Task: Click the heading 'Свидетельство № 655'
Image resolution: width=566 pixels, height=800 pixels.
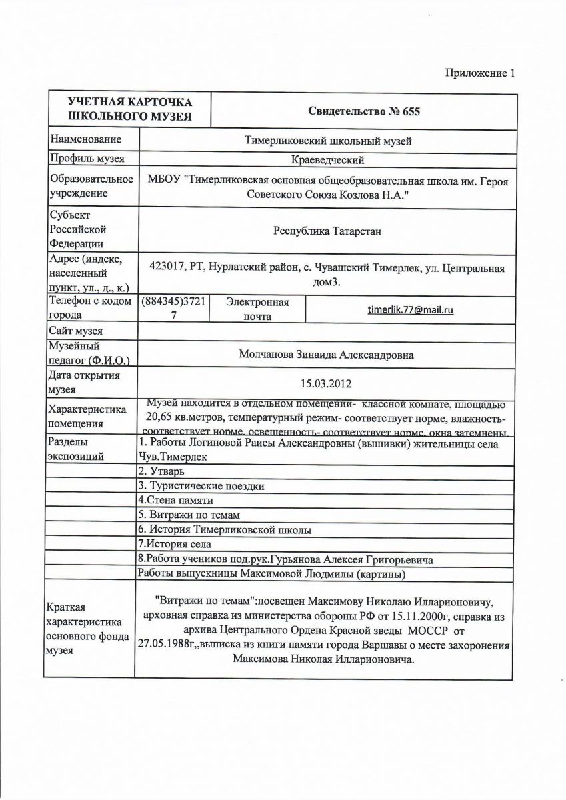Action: point(364,111)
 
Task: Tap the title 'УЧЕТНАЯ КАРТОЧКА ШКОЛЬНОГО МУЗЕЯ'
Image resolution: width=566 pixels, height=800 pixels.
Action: point(129,110)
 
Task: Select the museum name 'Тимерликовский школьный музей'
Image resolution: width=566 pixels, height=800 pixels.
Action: point(329,141)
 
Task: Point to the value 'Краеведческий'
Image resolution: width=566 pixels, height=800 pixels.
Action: point(328,159)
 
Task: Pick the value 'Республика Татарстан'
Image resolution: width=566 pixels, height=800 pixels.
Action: point(327,231)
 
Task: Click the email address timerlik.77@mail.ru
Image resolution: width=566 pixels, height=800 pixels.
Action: point(411,310)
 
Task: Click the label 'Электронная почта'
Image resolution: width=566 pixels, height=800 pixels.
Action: point(257,309)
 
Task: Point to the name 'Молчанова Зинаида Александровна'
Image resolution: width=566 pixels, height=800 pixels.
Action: point(326,355)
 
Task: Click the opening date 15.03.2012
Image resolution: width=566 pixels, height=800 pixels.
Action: point(326,384)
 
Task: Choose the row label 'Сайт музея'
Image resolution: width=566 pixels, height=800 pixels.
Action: point(75,331)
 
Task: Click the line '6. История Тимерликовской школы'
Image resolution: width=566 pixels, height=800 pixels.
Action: point(225,530)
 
